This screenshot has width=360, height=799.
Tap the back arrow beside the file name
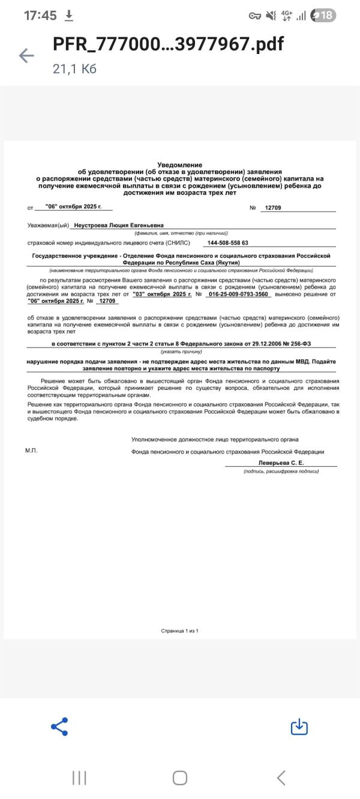(26, 56)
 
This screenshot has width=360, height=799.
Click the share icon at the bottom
(59, 726)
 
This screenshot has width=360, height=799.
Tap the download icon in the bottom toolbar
(299, 726)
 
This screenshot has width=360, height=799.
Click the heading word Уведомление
(179, 165)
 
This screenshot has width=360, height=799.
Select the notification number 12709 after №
(272, 208)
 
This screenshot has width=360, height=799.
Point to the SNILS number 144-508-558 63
(227, 243)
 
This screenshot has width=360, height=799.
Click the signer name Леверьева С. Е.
(281, 463)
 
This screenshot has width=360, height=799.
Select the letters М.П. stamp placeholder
(31, 450)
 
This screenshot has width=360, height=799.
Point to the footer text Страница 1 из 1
(179, 631)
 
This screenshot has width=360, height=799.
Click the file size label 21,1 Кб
(74, 69)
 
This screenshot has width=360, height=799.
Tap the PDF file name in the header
(168, 44)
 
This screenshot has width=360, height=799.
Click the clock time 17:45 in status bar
(40, 16)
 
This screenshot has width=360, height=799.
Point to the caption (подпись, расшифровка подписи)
(281, 471)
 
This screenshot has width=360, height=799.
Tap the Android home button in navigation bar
(179, 778)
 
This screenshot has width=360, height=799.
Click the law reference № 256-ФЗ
(296, 343)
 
